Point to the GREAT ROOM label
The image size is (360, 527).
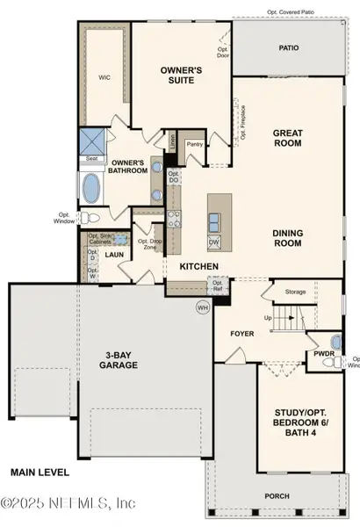click(288, 136)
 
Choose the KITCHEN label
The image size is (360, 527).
click(198, 265)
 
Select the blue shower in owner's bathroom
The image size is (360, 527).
click(93, 141)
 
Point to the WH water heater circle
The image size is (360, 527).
click(201, 307)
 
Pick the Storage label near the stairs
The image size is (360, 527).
click(295, 292)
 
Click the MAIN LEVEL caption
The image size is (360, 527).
click(40, 472)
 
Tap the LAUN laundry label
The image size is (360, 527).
click(115, 255)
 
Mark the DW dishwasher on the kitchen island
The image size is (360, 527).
click(213, 242)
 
